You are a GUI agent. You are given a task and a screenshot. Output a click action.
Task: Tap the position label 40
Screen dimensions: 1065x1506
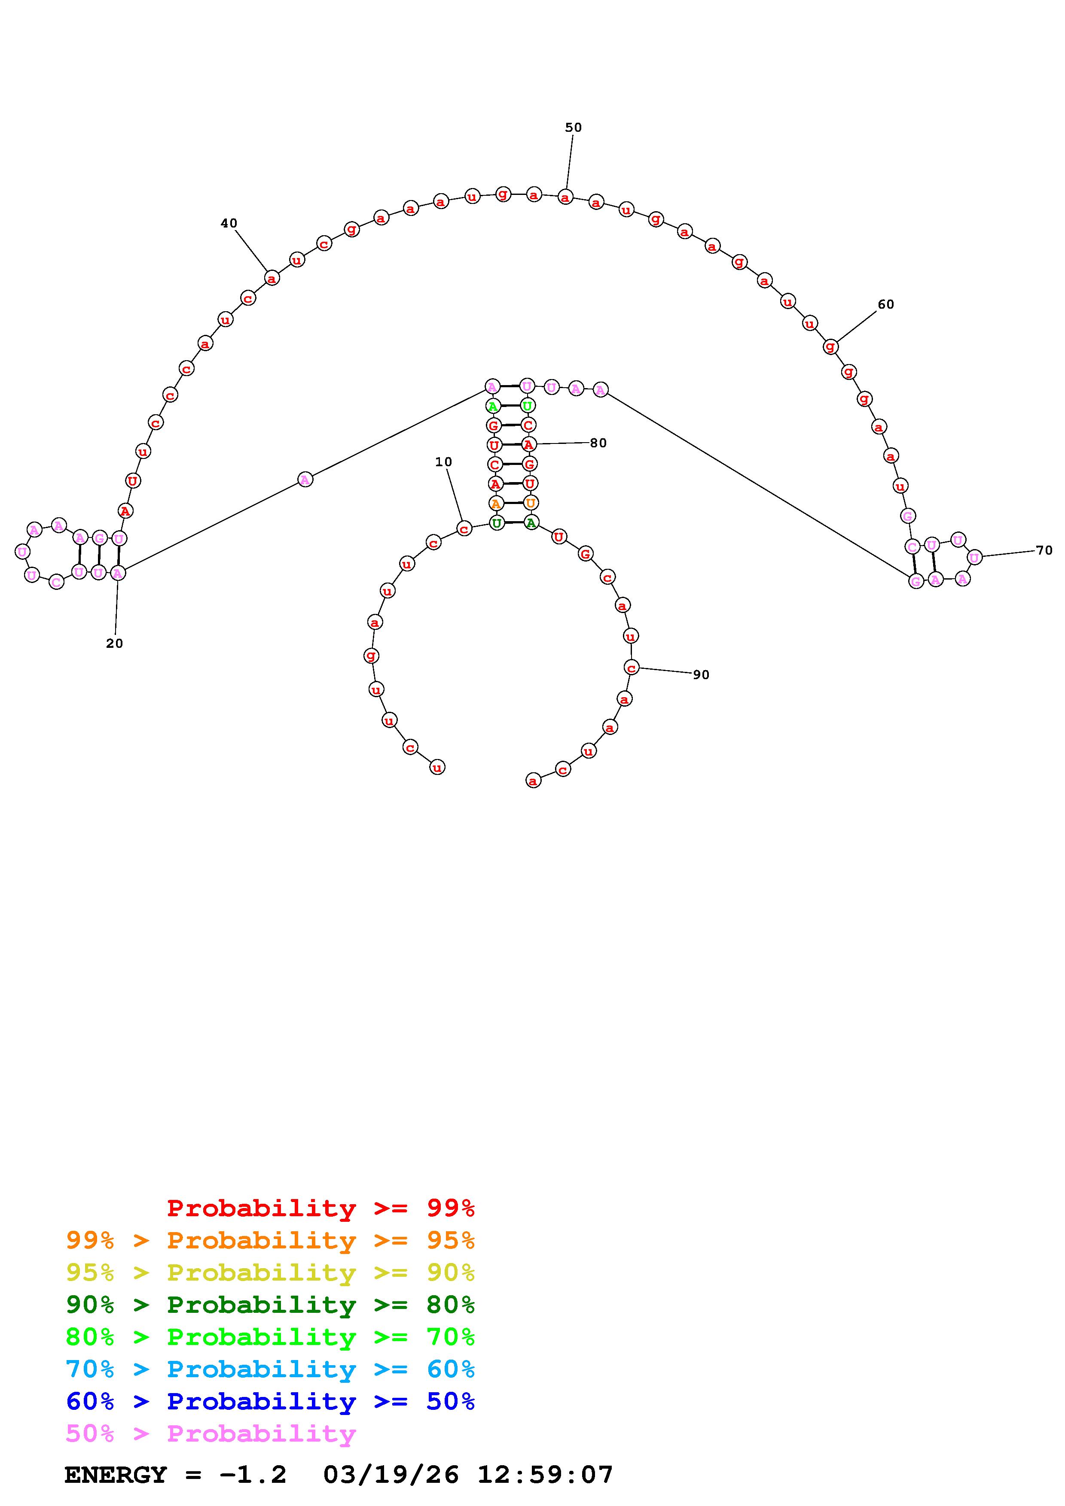(229, 223)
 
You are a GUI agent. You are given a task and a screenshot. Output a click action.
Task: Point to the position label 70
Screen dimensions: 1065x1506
(1044, 550)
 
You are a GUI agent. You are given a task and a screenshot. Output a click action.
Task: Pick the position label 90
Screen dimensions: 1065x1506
(701, 674)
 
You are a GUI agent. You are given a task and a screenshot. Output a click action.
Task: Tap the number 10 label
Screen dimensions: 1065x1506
(444, 462)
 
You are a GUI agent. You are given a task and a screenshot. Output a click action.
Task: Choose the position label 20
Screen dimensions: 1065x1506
(114, 644)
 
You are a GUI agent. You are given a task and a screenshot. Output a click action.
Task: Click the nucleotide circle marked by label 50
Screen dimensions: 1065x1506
(565, 197)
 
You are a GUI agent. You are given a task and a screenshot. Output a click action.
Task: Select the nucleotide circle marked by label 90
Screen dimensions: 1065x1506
(631, 668)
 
